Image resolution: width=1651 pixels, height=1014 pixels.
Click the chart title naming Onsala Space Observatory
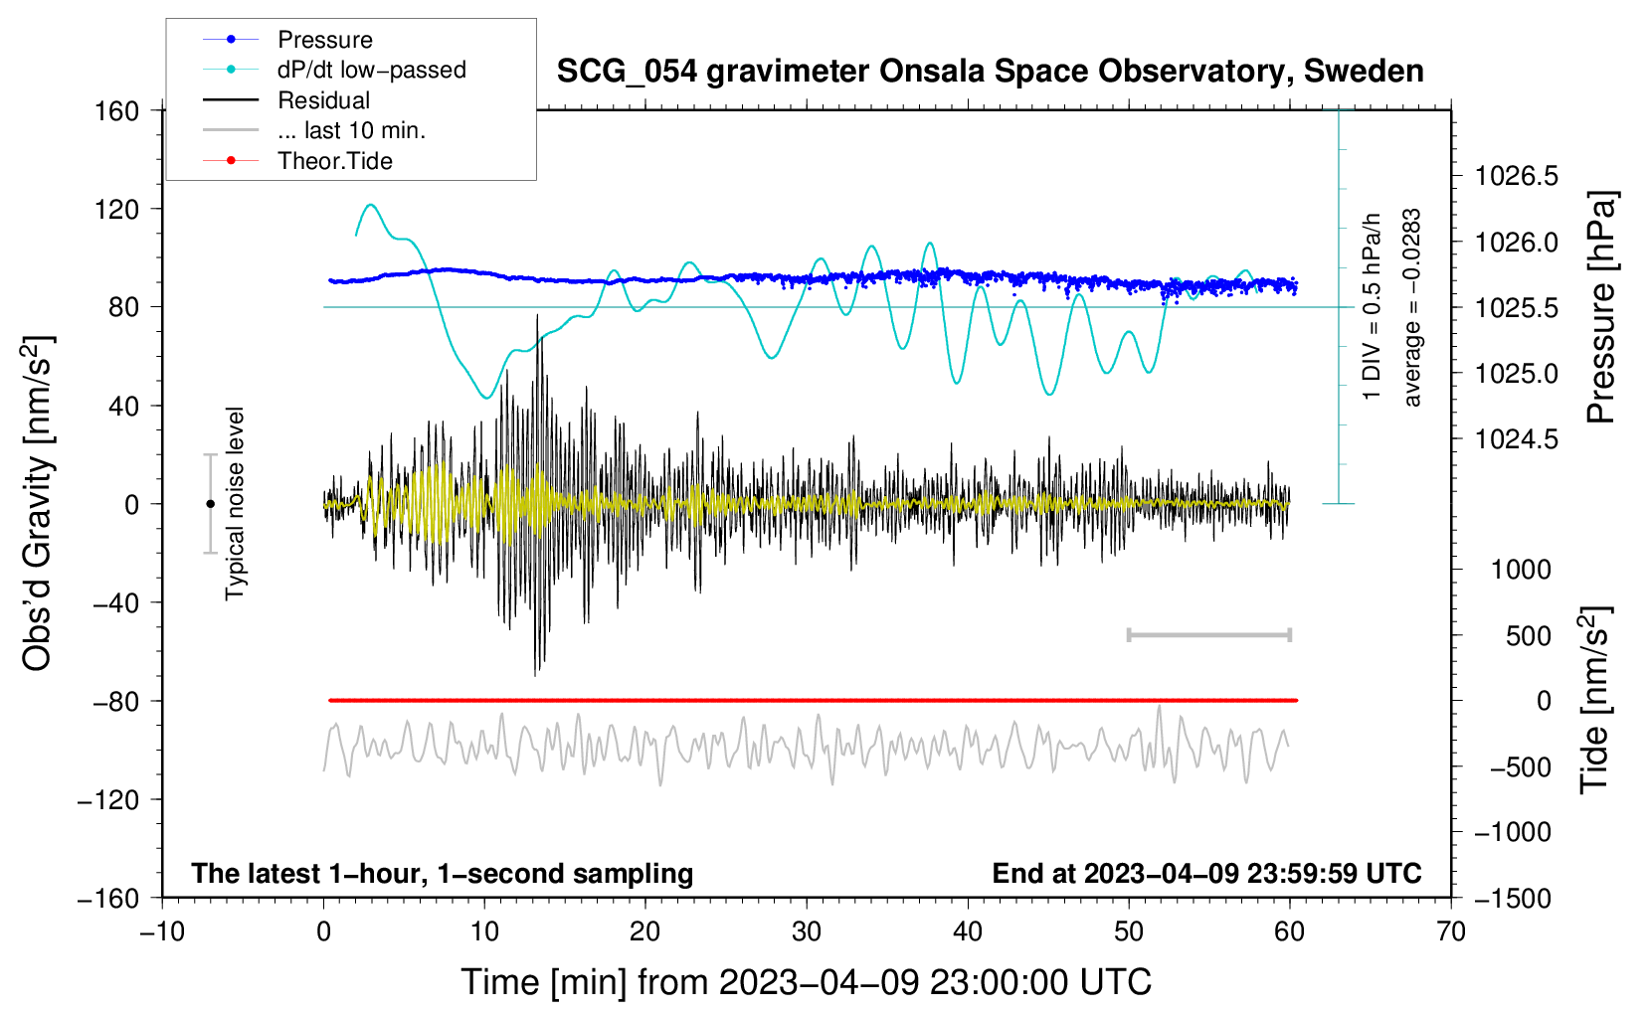pos(990,72)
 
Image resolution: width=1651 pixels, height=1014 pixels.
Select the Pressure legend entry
pos(324,40)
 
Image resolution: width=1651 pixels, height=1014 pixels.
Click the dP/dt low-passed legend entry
pos(371,70)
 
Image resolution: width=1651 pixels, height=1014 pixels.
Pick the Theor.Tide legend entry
pos(334,161)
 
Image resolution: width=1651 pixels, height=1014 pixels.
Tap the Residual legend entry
pos(323,100)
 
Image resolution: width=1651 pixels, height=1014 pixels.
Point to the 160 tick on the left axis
pos(117,111)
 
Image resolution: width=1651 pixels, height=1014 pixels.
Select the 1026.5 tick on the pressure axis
pos(1517,177)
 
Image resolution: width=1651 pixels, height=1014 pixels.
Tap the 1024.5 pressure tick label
pos(1517,439)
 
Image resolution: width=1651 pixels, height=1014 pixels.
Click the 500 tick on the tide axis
pos(1528,636)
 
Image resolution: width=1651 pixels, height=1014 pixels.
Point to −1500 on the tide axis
pos(1513,899)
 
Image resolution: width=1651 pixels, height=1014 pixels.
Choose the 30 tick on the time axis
pos(807,932)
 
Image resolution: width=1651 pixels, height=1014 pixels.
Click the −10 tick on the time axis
pos(162,932)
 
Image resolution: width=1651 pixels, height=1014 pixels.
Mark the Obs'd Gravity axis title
pos(38,503)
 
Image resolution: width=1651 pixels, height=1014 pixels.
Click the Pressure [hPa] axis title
pos(1600,308)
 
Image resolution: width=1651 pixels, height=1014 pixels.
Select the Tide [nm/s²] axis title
pos(1594,701)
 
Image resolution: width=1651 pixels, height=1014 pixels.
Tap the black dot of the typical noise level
pos(210,504)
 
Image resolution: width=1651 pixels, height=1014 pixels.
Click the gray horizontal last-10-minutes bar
pos(1208,635)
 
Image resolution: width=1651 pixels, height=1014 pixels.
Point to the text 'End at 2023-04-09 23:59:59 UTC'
pos(1206,874)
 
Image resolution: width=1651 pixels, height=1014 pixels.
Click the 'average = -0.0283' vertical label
pos(1412,308)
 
